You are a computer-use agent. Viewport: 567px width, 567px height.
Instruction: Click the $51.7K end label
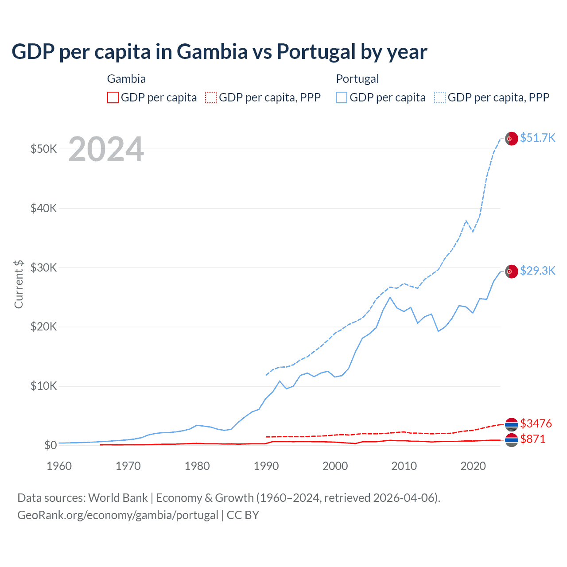(x=537, y=138)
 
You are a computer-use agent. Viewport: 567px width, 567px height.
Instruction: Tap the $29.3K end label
(x=537, y=271)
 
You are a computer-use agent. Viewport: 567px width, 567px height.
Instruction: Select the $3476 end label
(x=536, y=423)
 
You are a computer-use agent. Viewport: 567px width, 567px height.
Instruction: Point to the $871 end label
(x=532, y=439)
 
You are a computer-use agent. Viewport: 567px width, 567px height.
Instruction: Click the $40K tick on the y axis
(x=43, y=208)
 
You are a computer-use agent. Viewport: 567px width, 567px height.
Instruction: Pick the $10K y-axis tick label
(x=43, y=386)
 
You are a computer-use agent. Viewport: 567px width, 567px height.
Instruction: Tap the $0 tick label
(x=50, y=445)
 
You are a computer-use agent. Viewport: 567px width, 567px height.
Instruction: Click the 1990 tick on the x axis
(x=266, y=466)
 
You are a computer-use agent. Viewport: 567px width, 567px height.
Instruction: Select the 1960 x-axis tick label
(x=59, y=466)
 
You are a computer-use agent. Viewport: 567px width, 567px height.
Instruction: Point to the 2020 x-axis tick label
(x=473, y=466)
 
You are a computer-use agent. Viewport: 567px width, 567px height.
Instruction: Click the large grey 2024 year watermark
(x=106, y=149)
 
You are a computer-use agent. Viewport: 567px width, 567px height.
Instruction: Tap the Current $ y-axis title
(x=19, y=284)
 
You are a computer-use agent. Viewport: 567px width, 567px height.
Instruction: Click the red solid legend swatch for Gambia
(x=113, y=97)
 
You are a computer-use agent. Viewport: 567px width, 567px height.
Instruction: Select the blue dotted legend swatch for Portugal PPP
(x=440, y=97)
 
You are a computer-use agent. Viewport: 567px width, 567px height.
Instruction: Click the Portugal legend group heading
(x=357, y=79)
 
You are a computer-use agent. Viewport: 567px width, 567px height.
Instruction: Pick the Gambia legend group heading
(x=126, y=79)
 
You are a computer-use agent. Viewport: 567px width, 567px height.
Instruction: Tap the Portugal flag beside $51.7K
(x=512, y=139)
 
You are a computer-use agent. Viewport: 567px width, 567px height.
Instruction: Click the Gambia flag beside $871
(x=512, y=440)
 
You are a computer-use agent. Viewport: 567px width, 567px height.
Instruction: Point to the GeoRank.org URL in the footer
(x=118, y=515)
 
